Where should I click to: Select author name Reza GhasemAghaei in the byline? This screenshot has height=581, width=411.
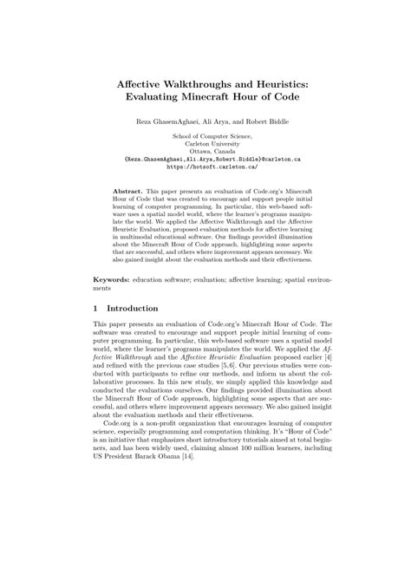click(166, 121)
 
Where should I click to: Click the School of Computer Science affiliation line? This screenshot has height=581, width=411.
click(205, 138)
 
